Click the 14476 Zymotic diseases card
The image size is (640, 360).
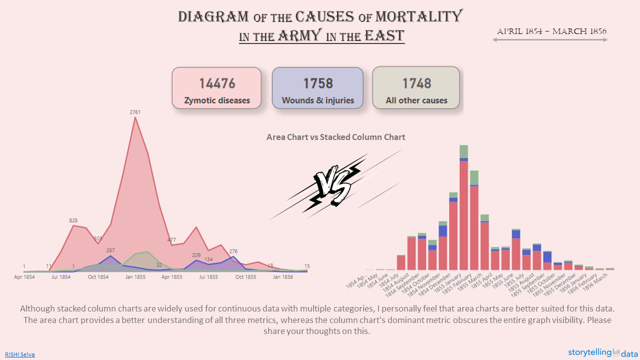(216, 88)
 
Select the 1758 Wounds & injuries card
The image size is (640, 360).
(317, 88)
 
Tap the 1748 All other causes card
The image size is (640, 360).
(416, 88)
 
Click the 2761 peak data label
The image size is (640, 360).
(135, 112)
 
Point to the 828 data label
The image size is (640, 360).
(73, 220)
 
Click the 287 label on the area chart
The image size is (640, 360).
(110, 250)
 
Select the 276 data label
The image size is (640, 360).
(233, 251)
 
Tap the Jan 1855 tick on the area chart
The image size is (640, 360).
(135, 277)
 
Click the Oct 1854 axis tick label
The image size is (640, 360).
(98, 277)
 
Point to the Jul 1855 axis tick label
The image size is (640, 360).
(208, 277)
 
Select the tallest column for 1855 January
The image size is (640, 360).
(463, 215)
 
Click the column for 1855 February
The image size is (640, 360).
(474, 227)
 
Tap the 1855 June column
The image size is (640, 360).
(516, 252)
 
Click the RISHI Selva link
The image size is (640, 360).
(20, 354)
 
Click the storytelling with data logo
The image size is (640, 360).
(602, 353)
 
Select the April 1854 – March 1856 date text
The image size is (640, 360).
(551, 31)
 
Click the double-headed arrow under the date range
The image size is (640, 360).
(550, 40)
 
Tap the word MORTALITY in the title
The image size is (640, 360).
(418, 16)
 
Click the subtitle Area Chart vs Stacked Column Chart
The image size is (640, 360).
(335, 137)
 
